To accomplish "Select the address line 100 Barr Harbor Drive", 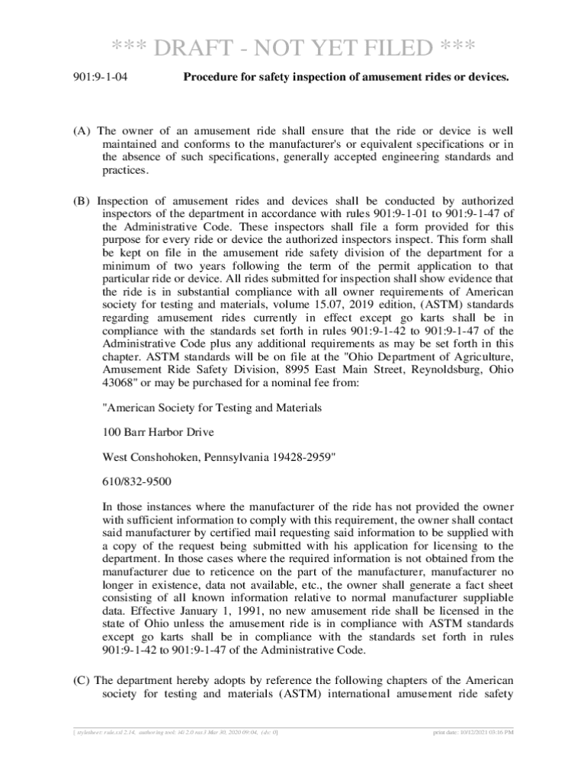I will click(159, 432).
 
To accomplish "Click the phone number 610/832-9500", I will click(136, 481).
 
